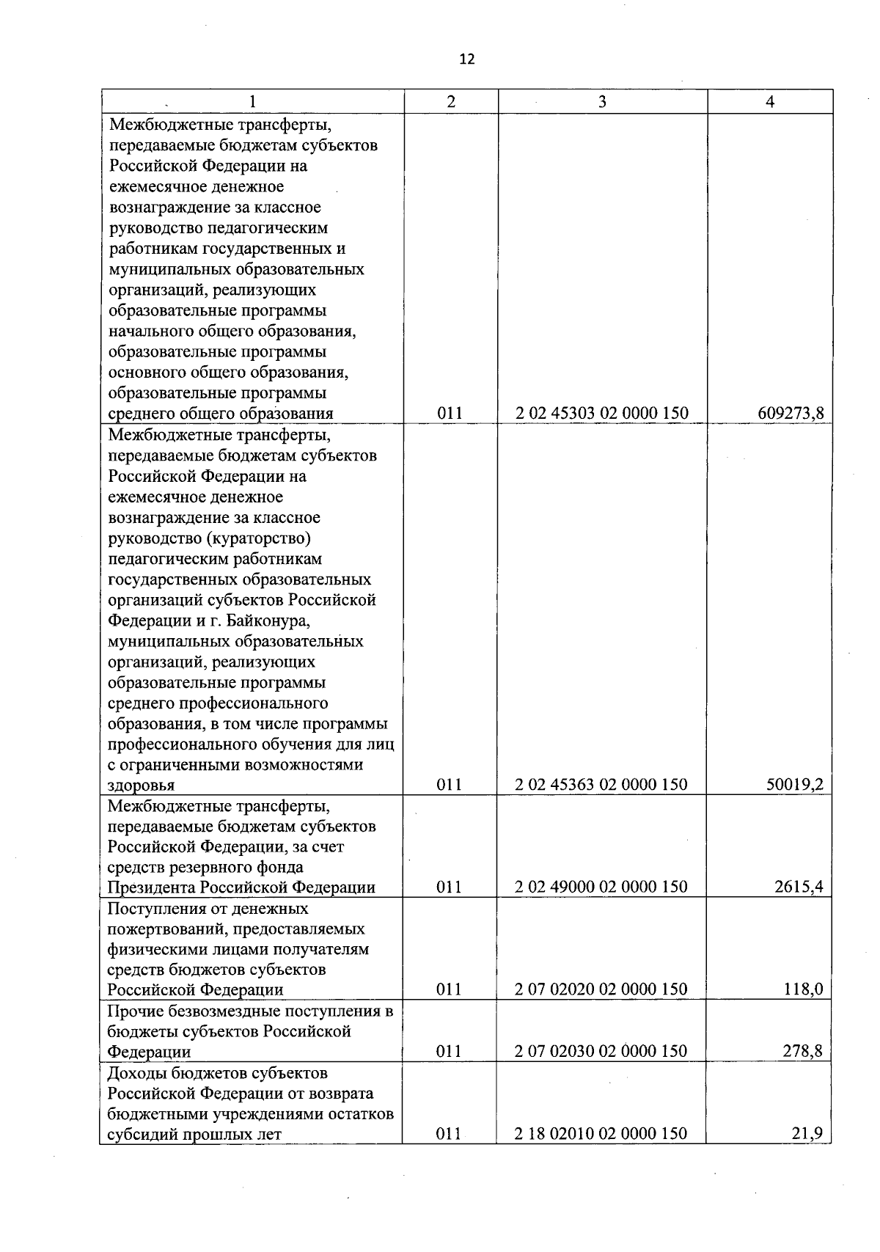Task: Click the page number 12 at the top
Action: (x=467, y=59)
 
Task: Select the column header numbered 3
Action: (x=602, y=102)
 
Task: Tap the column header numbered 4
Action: (x=770, y=102)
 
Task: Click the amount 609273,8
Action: (x=791, y=414)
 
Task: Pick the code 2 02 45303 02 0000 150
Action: (x=602, y=414)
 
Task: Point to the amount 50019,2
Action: (x=795, y=785)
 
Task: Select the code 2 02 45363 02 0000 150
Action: (x=601, y=785)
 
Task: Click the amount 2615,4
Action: (x=799, y=887)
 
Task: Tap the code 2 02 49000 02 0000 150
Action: (x=601, y=887)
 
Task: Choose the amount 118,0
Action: (x=802, y=989)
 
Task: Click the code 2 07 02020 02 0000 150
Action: (x=601, y=989)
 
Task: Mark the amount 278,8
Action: (x=802, y=1051)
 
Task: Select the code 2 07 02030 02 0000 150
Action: (x=601, y=1051)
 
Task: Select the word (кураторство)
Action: (x=260, y=539)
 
